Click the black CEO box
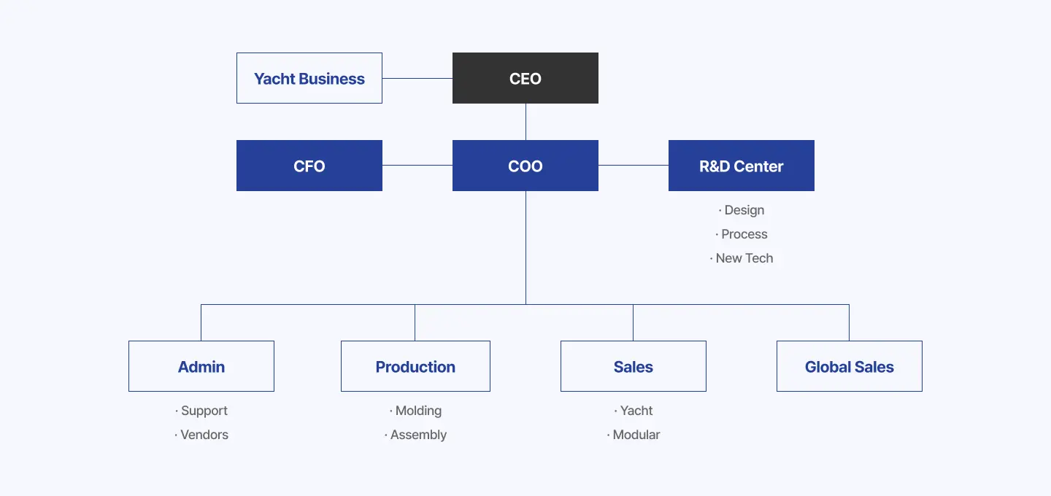pyautogui.click(x=525, y=78)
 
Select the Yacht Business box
pyautogui.click(x=309, y=78)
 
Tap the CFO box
pyautogui.click(x=309, y=166)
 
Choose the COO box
pyautogui.click(x=525, y=166)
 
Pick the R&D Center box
pyautogui.click(x=741, y=166)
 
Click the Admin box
pyautogui.click(x=201, y=366)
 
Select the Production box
pyautogui.click(x=415, y=366)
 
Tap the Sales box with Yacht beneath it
pyautogui.click(x=633, y=366)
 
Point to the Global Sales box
pyautogui.click(x=849, y=366)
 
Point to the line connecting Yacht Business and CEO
pyautogui.click(x=417, y=78)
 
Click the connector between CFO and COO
pyautogui.click(x=417, y=165)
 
